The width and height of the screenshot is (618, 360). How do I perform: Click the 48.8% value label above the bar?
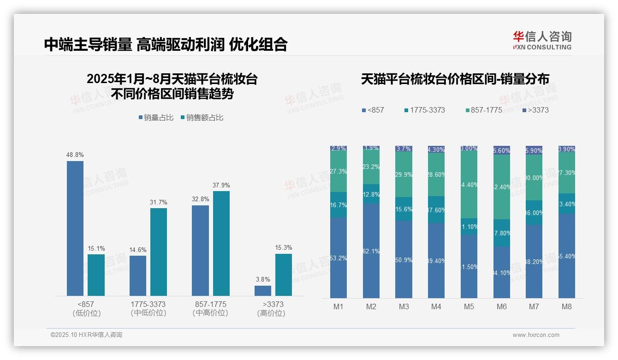pos(75,155)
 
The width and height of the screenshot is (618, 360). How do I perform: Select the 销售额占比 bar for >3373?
pos(284,275)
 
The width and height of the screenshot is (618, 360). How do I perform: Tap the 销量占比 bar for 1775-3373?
pos(138,276)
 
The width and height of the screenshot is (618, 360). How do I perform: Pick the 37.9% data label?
pos(221,186)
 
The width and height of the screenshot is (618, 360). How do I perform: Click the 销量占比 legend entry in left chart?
pos(156,118)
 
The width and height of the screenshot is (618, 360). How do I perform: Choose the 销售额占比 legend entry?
pos(202,118)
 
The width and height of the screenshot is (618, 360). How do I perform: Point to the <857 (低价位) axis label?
pos(86,309)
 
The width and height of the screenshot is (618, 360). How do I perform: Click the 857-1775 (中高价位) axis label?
pos(210,309)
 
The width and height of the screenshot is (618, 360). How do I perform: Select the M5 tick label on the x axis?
pos(469,306)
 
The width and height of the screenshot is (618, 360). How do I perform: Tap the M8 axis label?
pos(567,306)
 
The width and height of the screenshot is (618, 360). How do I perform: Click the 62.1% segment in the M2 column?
pos(371,251)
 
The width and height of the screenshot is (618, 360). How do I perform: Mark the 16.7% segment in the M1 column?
pos(339,205)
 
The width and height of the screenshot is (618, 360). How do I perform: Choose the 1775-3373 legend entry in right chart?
pos(424,110)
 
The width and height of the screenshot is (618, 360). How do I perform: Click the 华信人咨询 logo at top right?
pos(542,40)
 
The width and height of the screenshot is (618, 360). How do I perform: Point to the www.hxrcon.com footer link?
pos(536,335)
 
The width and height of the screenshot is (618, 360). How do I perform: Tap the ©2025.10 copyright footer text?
pos(86,335)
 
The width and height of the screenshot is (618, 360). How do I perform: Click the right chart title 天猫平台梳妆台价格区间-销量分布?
pos(455,79)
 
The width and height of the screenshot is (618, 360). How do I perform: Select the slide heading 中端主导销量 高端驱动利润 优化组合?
pos(166,44)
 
